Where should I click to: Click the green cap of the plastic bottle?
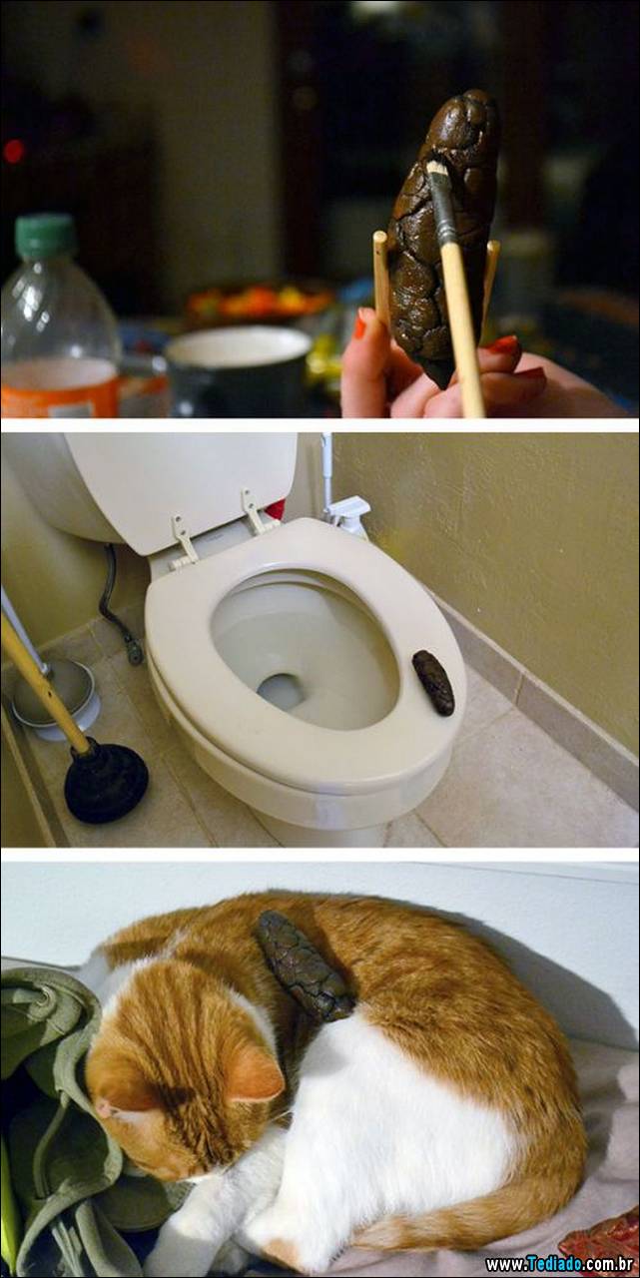[x=46, y=237]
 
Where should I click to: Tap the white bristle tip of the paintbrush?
[x=435, y=167]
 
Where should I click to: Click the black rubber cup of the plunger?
[x=106, y=782]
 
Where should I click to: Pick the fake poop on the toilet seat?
[x=433, y=682]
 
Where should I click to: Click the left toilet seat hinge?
[x=184, y=538]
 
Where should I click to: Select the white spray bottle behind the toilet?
[x=345, y=514]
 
